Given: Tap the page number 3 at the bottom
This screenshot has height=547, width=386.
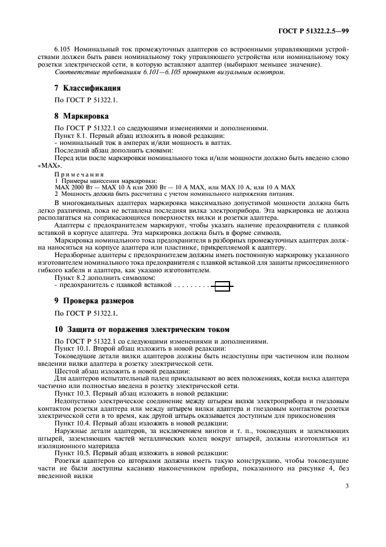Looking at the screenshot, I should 346,484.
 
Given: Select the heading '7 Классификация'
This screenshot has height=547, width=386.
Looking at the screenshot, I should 87,88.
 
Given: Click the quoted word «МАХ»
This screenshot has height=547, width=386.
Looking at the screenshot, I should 50,165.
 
